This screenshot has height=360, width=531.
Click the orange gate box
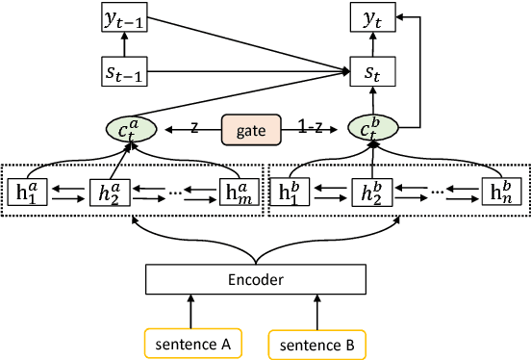[x=249, y=127]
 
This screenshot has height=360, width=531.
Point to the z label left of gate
[x=193, y=126]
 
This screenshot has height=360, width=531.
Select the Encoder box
[x=255, y=279]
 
